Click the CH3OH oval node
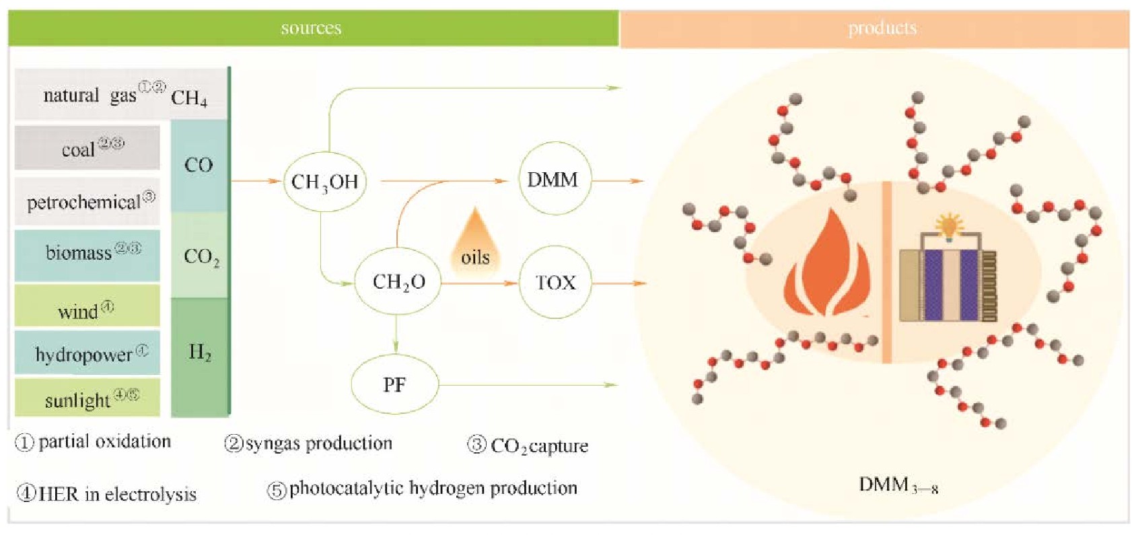tap(325, 182)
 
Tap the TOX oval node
tap(555, 282)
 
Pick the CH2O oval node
tap(398, 281)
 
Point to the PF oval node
tap(394, 385)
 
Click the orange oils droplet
tap(475, 242)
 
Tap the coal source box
tap(87, 147)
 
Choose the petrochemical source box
tap(87, 201)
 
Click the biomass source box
tap(87, 254)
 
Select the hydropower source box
tap(87, 353)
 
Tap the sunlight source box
tap(87, 398)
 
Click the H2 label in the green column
tap(200, 352)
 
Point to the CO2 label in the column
tap(201, 256)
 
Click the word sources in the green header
tap(311, 28)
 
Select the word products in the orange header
tap(882, 28)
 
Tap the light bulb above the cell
tap(950, 225)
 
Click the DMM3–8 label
tap(898, 485)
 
